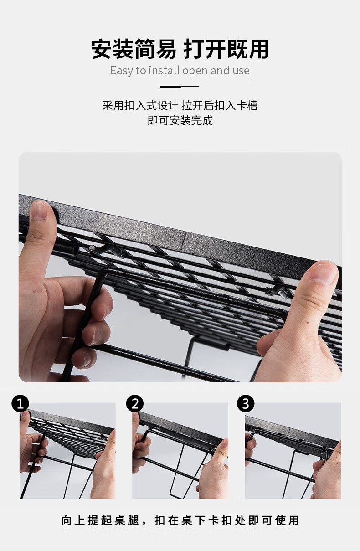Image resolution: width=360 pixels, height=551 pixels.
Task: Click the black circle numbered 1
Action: point(20,404)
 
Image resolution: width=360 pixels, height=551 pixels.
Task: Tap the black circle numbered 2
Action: point(135,404)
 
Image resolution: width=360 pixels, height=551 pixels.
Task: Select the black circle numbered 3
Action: point(246,404)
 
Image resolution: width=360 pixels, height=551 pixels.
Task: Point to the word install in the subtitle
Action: point(164,70)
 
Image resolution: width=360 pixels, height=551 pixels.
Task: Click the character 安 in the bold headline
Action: point(102,49)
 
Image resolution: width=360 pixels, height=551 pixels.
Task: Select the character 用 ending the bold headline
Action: point(258,49)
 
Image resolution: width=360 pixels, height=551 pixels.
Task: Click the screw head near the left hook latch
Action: point(92,248)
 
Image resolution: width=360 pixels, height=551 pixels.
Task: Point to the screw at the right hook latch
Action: point(268,291)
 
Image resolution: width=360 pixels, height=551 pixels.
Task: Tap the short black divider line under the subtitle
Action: point(179,87)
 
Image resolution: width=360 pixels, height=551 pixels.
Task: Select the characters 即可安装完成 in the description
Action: point(180,120)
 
